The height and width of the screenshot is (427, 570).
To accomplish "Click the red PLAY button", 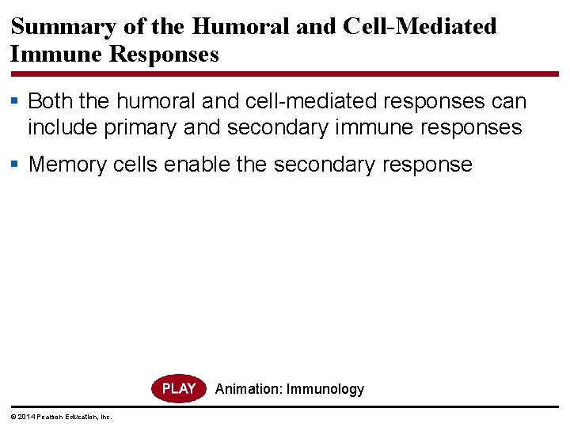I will click(178, 388).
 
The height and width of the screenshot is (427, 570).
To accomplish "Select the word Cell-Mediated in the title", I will click(420, 26).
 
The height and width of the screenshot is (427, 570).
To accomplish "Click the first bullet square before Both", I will click(17, 102).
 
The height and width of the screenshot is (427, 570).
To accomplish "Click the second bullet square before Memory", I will click(17, 164).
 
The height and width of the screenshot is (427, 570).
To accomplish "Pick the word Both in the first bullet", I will click(51, 102).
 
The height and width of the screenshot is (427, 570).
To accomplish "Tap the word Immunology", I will click(325, 389).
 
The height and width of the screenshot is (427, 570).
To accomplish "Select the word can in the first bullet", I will click(509, 102).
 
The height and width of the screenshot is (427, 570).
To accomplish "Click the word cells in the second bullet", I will click(134, 164).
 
